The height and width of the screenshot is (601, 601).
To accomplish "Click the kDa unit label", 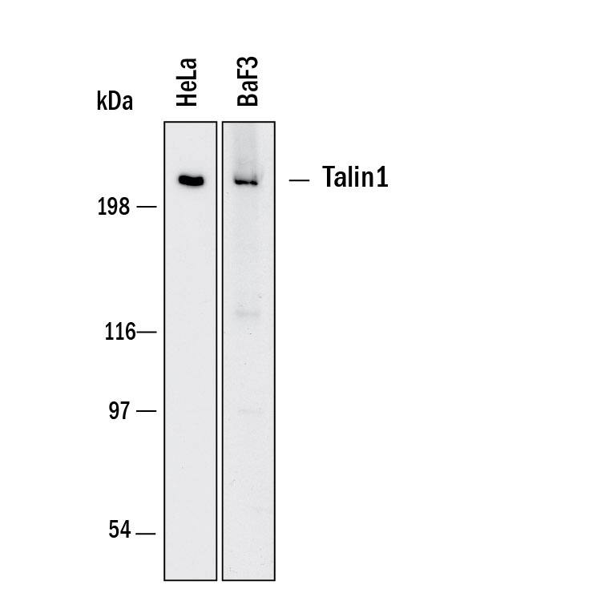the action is (115, 101).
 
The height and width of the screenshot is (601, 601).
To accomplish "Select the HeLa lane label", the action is (187, 82).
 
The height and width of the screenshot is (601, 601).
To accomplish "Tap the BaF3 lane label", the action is (248, 81).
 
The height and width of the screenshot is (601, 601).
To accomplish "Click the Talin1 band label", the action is (355, 177).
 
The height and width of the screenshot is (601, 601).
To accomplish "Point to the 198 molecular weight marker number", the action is (114, 207).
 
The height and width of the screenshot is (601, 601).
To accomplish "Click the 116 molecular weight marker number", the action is (120, 332).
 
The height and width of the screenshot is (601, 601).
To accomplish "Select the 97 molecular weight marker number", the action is (119, 411).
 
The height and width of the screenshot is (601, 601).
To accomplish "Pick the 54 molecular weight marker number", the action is (119, 530).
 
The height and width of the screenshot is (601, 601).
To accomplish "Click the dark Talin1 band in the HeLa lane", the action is (191, 180).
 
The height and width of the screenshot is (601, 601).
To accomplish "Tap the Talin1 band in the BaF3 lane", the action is (246, 182).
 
